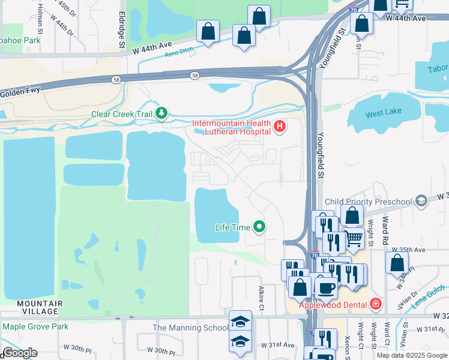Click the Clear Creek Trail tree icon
coord(161,113)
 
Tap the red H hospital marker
coord(279,127)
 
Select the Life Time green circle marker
coord(259,227)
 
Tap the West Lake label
coord(383,114)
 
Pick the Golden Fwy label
coord(23,93)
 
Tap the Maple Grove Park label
coord(35,326)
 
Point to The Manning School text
coord(190,328)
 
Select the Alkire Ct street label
coord(262,298)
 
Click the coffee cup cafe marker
coord(326,287)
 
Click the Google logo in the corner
coord(19,353)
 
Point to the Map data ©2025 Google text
coord(412,355)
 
